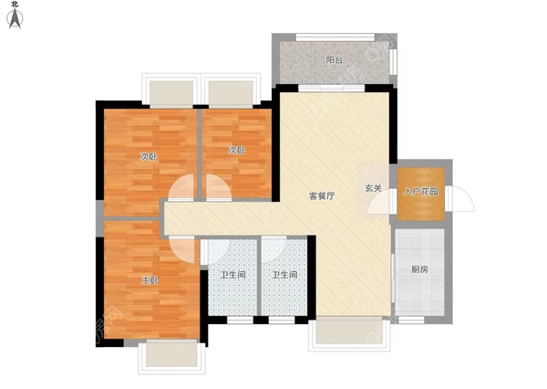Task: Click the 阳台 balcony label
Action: pos(335,60)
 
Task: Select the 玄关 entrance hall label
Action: pos(374,188)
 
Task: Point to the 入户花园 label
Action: pos(419,192)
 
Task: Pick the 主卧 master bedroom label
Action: pos(150,279)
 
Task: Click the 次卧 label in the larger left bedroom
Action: pos(148,156)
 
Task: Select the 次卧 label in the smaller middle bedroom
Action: pos(236,150)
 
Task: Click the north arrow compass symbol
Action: pos(15,21)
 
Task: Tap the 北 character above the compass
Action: pos(15,5)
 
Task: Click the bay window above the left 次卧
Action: pos(170,91)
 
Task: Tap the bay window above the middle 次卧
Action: pos(230,91)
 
